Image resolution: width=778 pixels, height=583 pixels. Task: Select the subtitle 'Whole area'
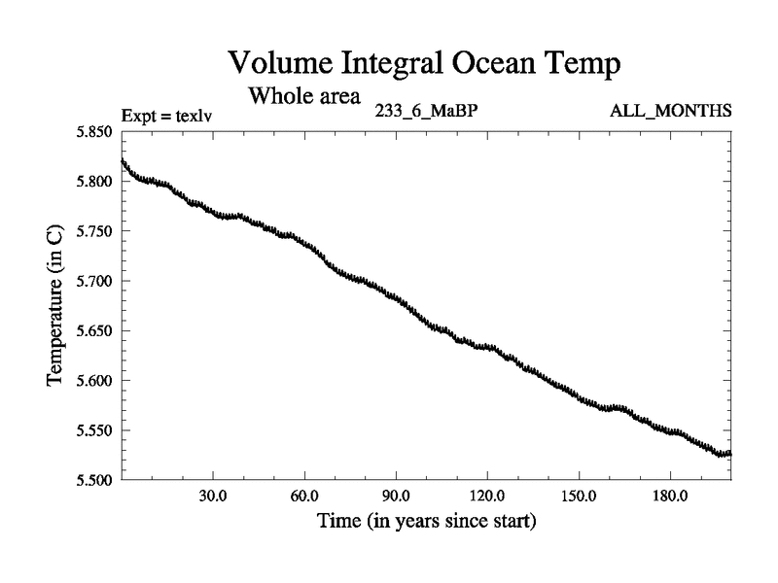(304, 96)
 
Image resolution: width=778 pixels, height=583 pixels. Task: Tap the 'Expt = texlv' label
(166, 116)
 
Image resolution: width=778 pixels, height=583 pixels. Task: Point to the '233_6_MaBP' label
(426, 111)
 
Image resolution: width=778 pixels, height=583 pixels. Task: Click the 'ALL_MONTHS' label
(671, 111)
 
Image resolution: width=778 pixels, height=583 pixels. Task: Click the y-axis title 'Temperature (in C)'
(54, 306)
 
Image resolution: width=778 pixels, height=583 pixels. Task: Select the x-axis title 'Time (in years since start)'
(426, 522)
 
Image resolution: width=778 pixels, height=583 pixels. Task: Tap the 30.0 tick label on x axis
(213, 496)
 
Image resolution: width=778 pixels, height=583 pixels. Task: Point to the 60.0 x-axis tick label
(304, 496)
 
